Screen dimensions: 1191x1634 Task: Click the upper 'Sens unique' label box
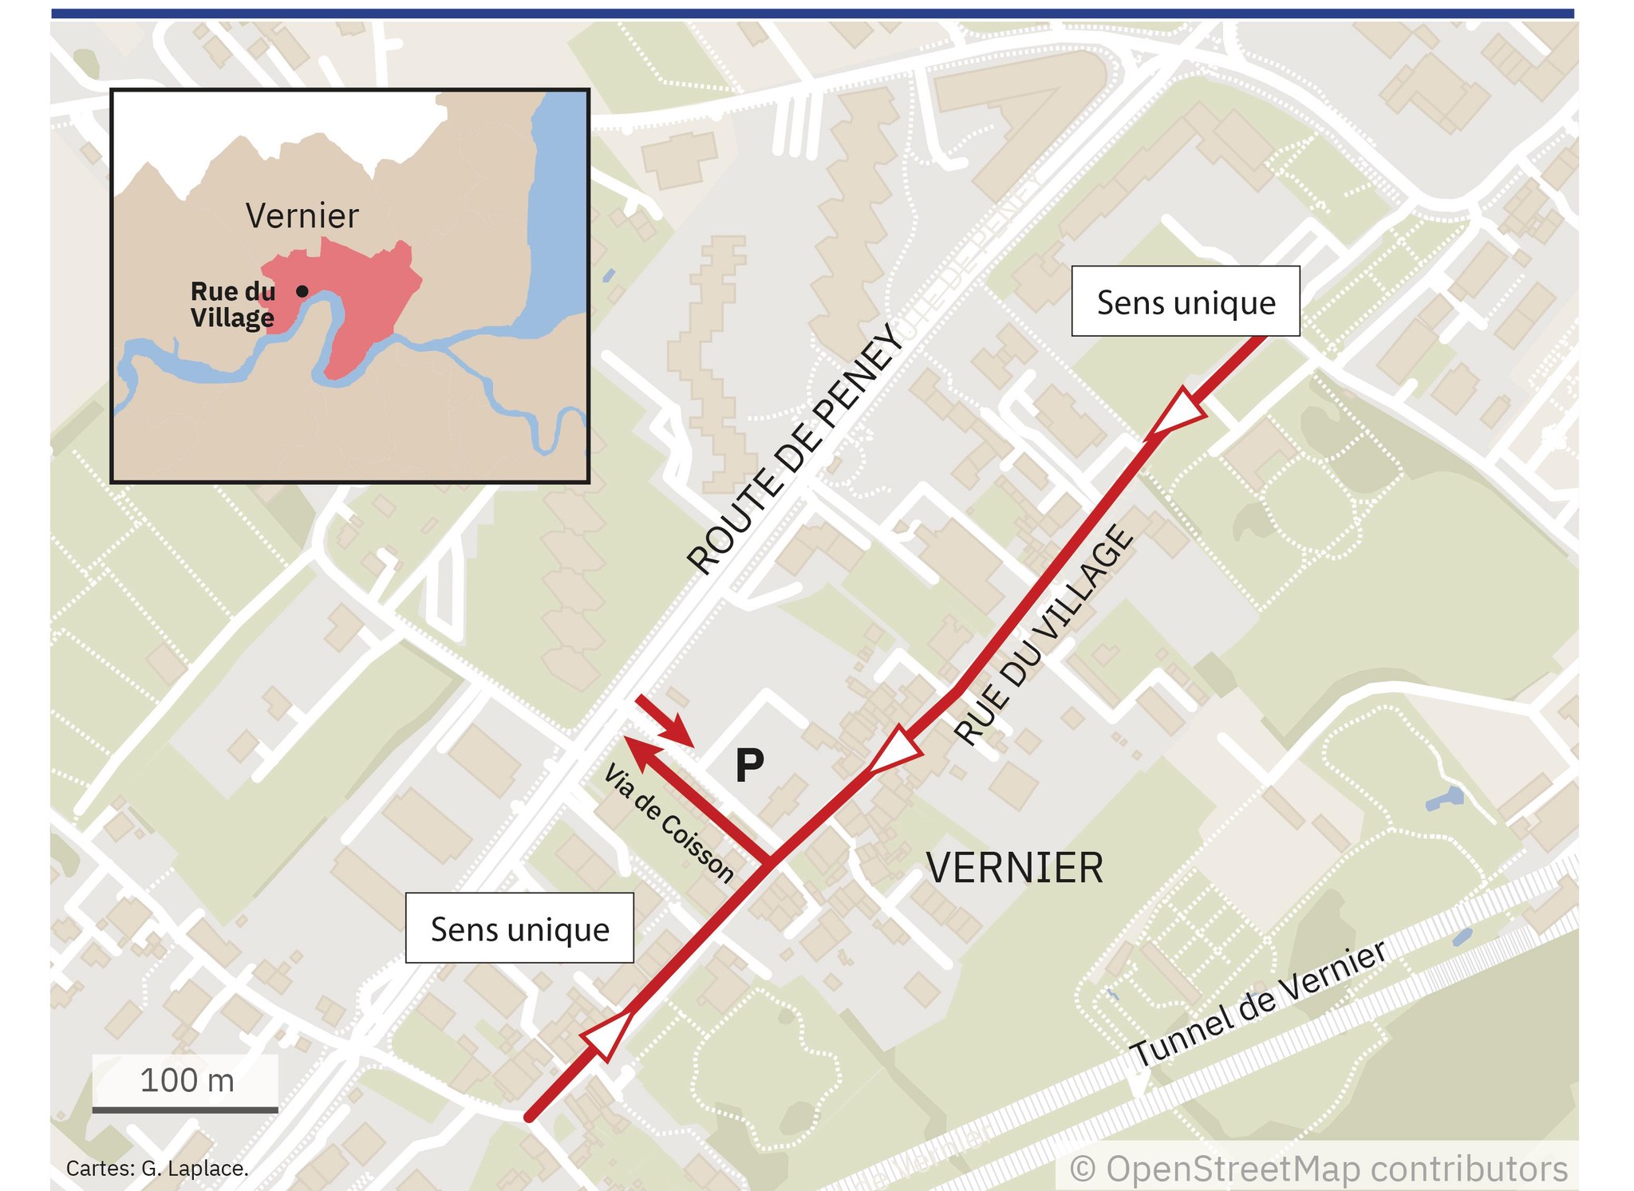(x=1185, y=302)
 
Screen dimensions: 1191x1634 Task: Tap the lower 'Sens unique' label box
(x=519, y=929)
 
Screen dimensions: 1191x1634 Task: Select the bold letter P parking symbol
(x=749, y=767)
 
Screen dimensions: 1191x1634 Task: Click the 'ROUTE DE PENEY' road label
(x=795, y=448)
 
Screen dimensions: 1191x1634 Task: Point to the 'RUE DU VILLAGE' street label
(x=1044, y=635)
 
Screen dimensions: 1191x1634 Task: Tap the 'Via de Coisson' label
(x=669, y=823)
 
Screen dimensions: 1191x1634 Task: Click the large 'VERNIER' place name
(x=1015, y=868)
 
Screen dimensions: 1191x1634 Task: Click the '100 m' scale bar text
(x=187, y=1080)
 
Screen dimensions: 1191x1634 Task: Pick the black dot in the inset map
(x=302, y=291)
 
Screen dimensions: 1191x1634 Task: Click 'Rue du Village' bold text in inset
(x=233, y=304)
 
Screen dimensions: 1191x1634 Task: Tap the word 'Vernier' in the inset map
(x=302, y=215)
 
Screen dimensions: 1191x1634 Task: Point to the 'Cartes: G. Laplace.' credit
(x=157, y=1169)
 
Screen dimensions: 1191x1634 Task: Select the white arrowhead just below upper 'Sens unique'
(x=1179, y=412)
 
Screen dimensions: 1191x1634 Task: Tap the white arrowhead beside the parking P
(x=894, y=750)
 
